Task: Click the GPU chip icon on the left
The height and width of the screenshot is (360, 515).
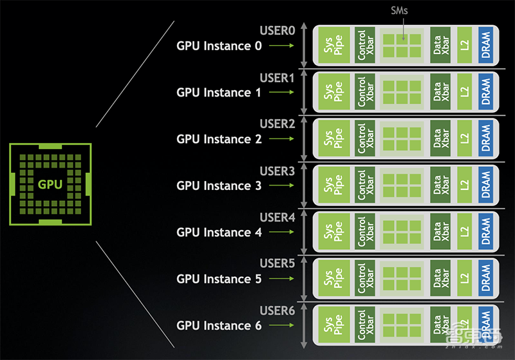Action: [50, 184]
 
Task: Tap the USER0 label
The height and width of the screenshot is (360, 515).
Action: [277, 31]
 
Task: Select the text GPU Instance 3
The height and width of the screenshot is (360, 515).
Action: [220, 185]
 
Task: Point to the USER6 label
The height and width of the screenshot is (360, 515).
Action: [277, 310]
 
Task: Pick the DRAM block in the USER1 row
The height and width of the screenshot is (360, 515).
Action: [485, 92]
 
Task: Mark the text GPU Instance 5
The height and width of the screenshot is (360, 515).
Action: [220, 279]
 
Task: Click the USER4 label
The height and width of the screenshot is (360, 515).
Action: [277, 217]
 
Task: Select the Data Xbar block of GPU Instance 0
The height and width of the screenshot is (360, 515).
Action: [441, 46]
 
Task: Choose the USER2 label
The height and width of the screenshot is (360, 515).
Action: [277, 124]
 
